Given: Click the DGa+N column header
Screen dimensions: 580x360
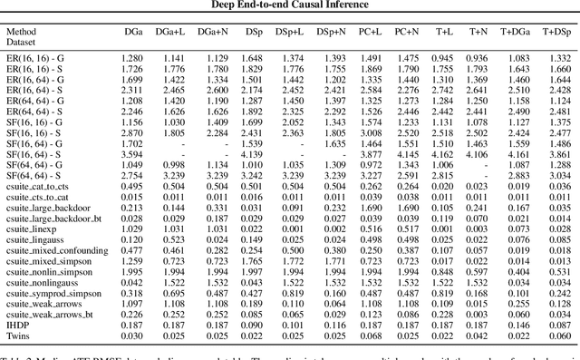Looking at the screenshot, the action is pos(215,32).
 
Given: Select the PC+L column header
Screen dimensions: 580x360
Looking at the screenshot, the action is pos(372,32).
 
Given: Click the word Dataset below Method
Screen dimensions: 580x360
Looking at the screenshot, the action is pos(24,44).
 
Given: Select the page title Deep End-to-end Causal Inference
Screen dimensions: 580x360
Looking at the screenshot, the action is pos(291,5).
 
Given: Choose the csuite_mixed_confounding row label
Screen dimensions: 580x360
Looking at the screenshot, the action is pos(58,248).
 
